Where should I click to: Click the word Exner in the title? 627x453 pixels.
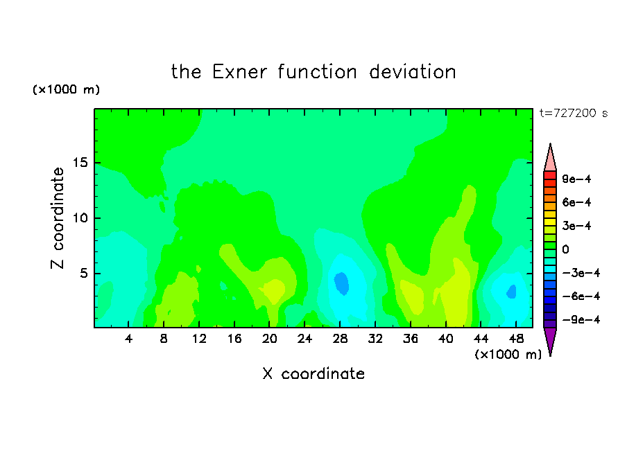click(x=239, y=72)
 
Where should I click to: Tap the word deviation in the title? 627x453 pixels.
click(x=413, y=72)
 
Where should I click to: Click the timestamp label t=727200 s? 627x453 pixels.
click(x=574, y=114)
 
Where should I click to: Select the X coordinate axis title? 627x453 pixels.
click(x=313, y=374)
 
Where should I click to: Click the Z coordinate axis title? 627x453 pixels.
click(x=58, y=218)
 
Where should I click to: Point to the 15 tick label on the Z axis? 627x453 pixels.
click(x=80, y=163)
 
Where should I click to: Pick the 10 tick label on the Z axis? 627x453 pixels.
click(x=80, y=218)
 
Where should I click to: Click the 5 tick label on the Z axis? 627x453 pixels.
click(x=84, y=274)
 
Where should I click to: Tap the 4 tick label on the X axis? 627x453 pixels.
click(x=128, y=339)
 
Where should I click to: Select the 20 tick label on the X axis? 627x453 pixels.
click(x=270, y=339)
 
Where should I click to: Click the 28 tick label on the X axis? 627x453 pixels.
click(x=340, y=339)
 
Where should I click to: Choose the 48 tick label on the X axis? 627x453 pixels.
click(x=516, y=339)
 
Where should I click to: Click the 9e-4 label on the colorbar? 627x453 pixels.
click(x=576, y=179)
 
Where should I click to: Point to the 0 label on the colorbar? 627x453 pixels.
click(x=565, y=249)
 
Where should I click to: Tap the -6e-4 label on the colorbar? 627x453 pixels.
click(x=581, y=296)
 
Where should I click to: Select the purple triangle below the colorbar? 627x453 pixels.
click(x=550, y=339)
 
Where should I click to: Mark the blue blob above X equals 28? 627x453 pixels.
click(x=342, y=283)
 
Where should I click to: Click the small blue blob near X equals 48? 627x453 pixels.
click(x=512, y=292)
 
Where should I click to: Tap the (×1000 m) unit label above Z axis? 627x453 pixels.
click(x=66, y=89)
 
